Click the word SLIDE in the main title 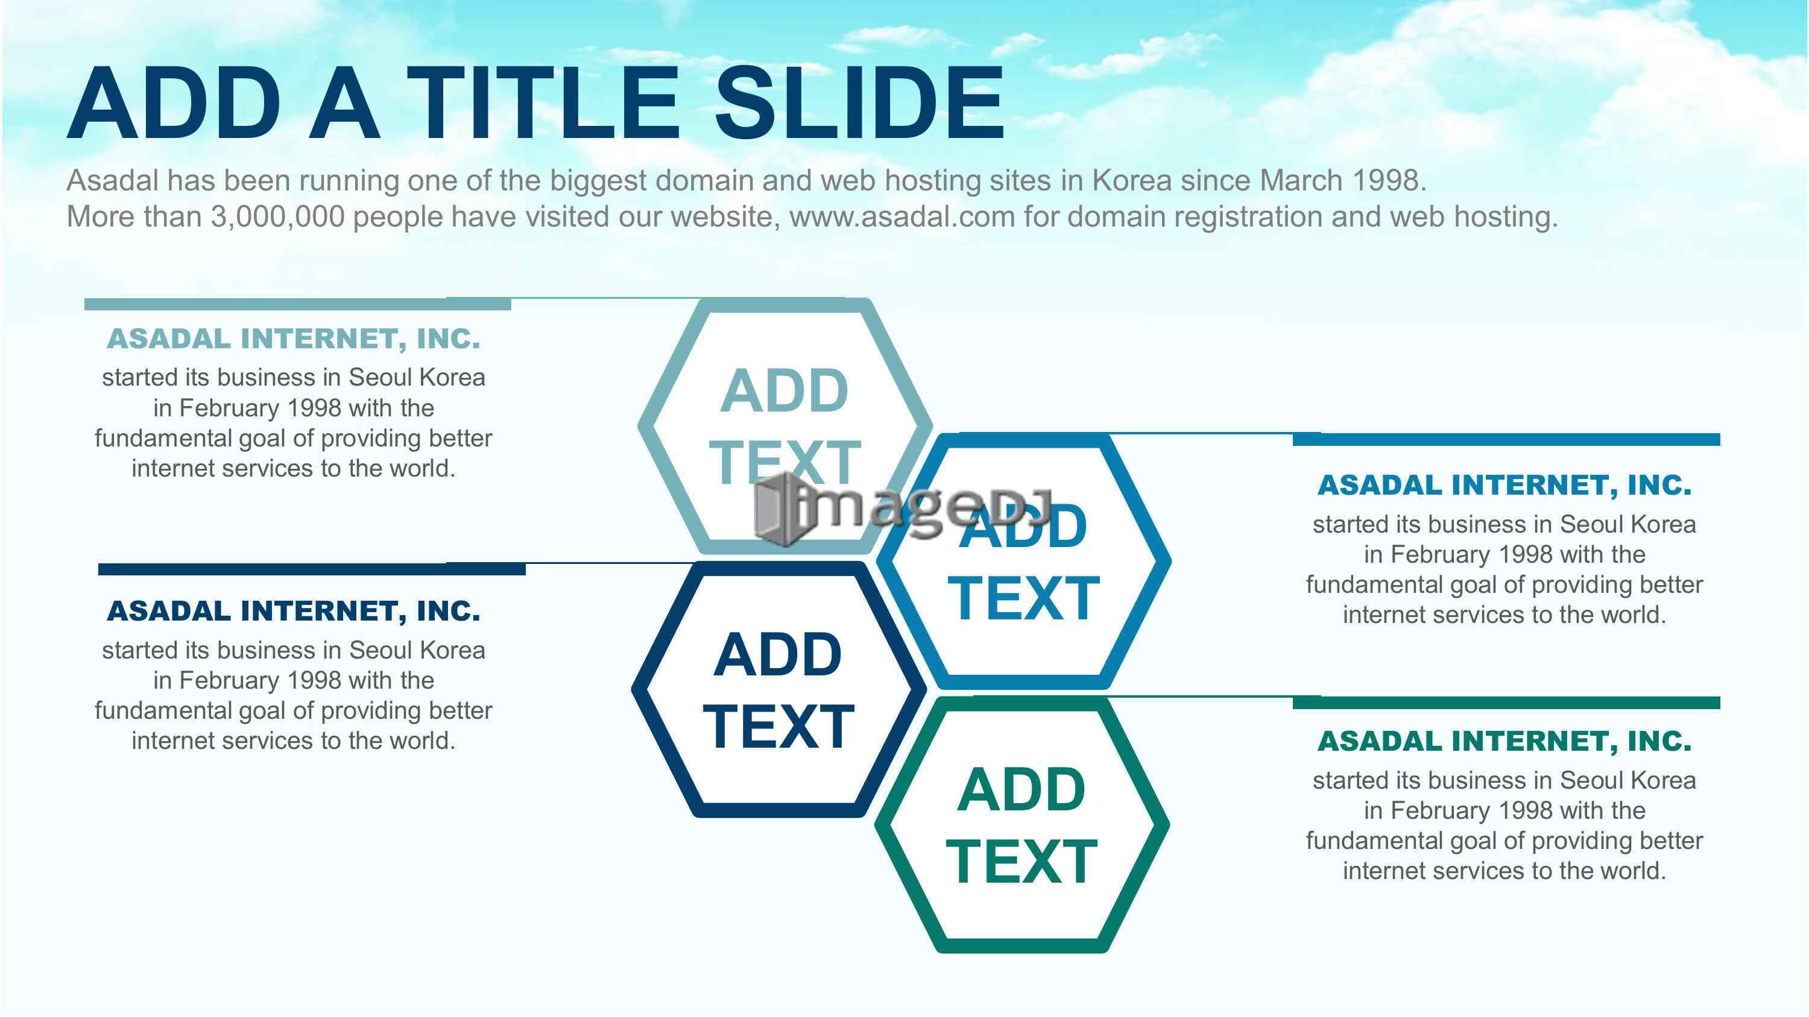pyautogui.click(x=859, y=103)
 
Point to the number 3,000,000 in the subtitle pyautogui.click(x=278, y=216)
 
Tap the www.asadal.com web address pyautogui.click(x=903, y=216)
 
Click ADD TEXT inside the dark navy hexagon pyautogui.click(x=778, y=690)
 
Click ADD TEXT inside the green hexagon pyautogui.click(x=1021, y=825)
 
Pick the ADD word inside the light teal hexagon pyautogui.click(x=785, y=390)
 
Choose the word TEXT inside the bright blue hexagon pyautogui.click(x=1023, y=598)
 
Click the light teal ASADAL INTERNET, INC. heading pyautogui.click(x=294, y=339)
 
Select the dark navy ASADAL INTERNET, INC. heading pyautogui.click(x=294, y=612)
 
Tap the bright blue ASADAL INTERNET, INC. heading pyautogui.click(x=1504, y=485)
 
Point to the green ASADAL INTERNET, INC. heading pyautogui.click(x=1504, y=741)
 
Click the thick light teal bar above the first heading pyautogui.click(x=298, y=304)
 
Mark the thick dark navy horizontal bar pyautogui.click(x=312, y=569)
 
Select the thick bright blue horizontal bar pyautogui.click(x=1506, y=439)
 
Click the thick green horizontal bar pyautogui.click(x=1506, y=703)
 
